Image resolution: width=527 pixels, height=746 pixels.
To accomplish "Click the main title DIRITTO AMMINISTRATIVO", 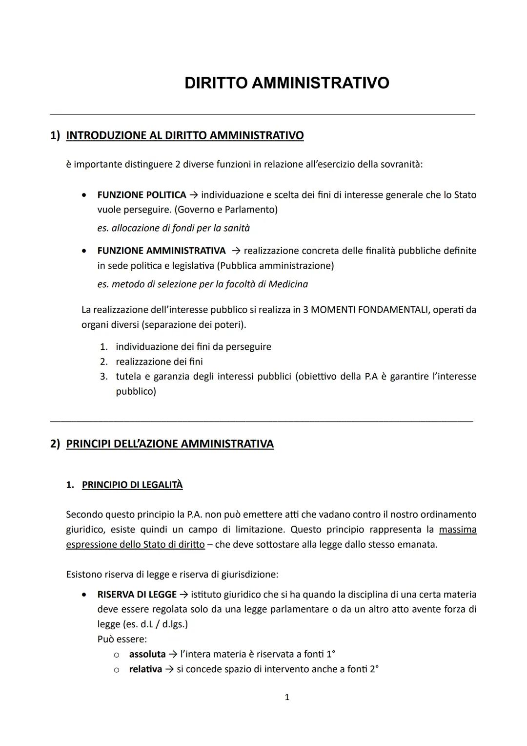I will (x=287, y=83).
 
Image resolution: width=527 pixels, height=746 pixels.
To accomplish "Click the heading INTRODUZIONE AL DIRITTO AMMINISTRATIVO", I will (x=184, y=135).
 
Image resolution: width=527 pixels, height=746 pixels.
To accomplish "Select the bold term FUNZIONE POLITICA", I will (x=142, y=195).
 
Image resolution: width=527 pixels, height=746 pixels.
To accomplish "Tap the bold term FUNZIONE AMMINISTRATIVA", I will (x=161, y=251).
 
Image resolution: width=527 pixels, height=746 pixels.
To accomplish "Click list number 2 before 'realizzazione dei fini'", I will (x=103, y=362).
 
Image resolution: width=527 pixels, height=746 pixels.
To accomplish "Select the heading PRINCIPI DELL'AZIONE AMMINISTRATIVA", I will (x=169, y=444).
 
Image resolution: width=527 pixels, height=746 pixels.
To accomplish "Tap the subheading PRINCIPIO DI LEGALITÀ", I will (x=132, y=485).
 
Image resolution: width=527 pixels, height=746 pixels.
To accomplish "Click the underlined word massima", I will (x=458, y=530).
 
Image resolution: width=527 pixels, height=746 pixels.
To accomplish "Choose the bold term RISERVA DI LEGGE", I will (x=137, y=595).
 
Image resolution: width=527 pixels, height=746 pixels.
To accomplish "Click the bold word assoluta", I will (x=147, y=654).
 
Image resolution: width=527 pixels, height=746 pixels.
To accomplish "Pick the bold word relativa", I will (x=145, y=669).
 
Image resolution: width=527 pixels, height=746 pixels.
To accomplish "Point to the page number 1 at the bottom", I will (x=287, y=697).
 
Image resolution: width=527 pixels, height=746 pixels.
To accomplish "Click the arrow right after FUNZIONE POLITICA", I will (x=193, y=195).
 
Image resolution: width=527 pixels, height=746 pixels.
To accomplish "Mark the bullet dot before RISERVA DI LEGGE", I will (x=85, y=595).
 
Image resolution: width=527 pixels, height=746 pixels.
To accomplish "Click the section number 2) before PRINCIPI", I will (x=55, y=444).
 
